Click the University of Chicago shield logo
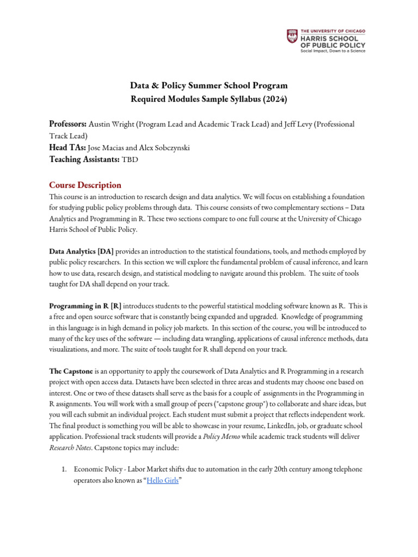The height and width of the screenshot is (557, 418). pyautogui.click(x=292, y=37)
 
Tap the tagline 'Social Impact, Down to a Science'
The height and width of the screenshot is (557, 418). pyautogui.click(x=333, y=51)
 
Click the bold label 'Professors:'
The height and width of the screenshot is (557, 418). pyautogui.click(x=68, y=124)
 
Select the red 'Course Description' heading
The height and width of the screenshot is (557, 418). pyautogui.click(x=85, y=185)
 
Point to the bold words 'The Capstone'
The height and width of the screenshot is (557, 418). pyautogui.click(x=71, y=371)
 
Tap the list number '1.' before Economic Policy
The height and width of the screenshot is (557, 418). pyautogui.click(x=64, y=469)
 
